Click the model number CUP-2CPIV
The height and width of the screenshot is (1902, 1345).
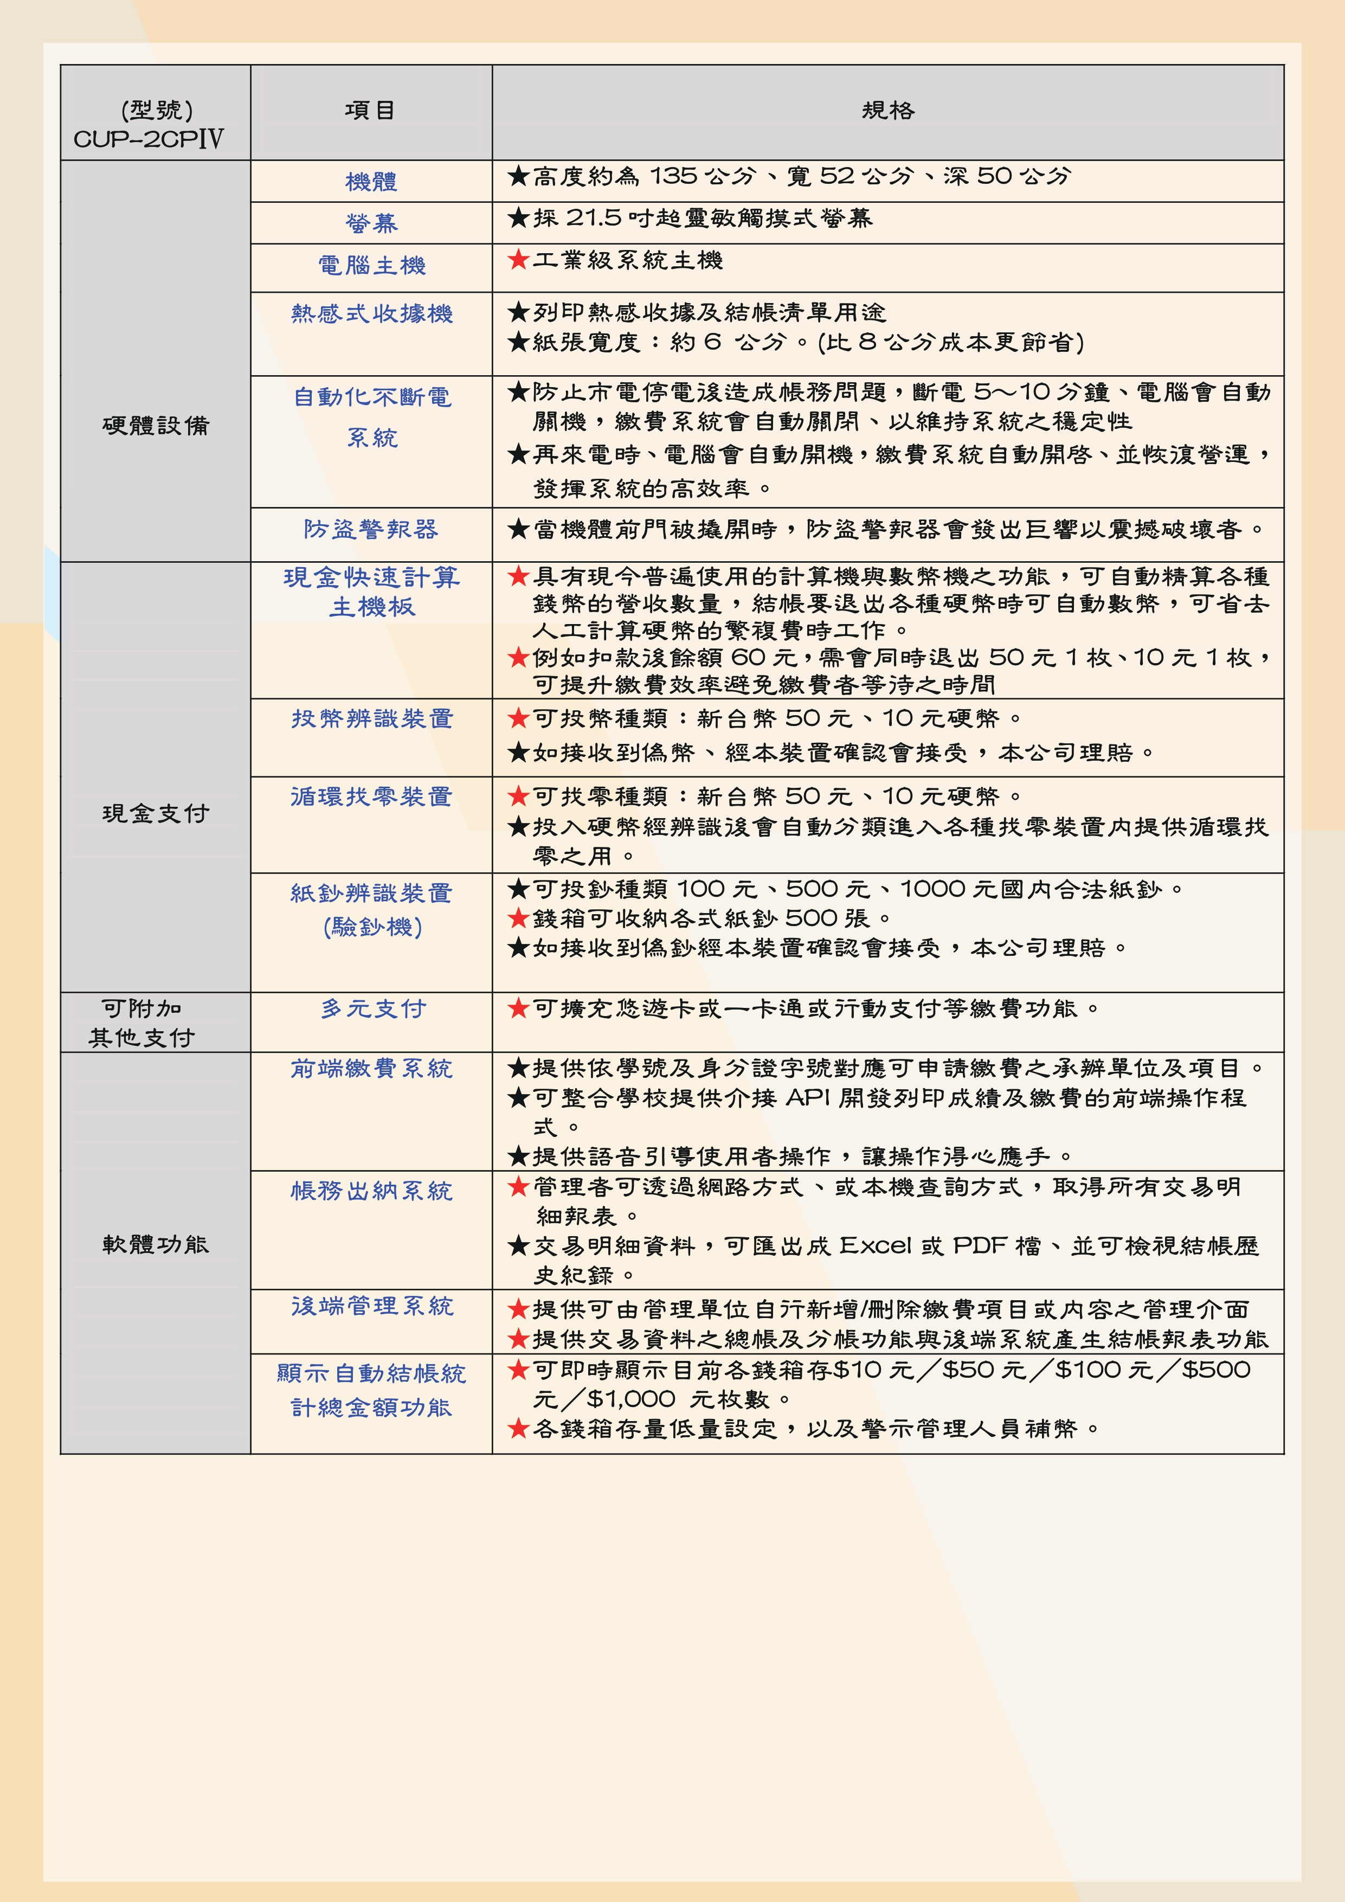click(x=149, y=139)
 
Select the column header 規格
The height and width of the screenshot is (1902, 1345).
click(x=888, y=110)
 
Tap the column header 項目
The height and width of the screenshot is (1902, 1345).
click(x=370, y=110)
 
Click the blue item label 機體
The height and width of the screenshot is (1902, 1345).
click(x=371, y=182)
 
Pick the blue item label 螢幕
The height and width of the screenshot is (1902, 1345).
click(x=371, y=223)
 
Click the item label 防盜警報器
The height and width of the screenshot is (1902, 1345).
click(x=371, y=529)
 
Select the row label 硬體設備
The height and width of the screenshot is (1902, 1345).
click(x=156, y=425)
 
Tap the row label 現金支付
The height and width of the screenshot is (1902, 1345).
click(x=156, y=813)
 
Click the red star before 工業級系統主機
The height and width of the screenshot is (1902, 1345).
click(x=518, y=260)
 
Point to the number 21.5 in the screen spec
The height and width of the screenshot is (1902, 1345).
click(x=593, y=218)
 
